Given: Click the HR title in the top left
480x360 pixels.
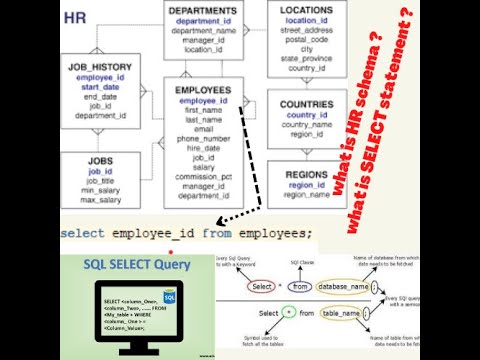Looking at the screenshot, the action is point(75,17).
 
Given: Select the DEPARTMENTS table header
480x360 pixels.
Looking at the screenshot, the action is point(203,10).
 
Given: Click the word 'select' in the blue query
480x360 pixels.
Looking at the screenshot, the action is point(85,233).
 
